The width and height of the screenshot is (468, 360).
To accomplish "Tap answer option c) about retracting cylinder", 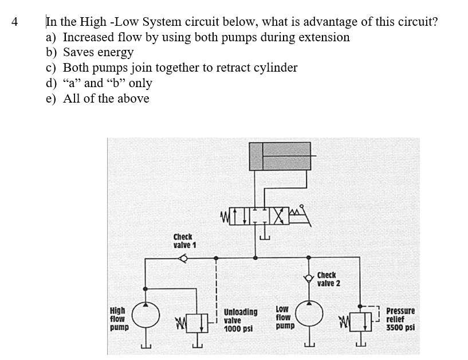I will [171, 68].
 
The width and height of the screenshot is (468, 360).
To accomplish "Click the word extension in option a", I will [324, 37].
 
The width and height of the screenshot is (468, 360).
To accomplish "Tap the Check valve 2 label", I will [329, 279].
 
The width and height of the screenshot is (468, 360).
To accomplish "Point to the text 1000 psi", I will [238, 330].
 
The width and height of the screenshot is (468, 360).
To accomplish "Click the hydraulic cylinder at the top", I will [280, 156].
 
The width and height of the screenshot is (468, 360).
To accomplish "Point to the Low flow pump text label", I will [284, 317].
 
